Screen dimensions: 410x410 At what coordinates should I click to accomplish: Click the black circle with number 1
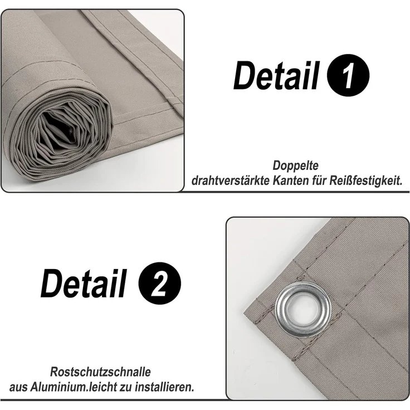click(348, 75)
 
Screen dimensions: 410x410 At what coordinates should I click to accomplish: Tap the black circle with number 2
click(159, 283)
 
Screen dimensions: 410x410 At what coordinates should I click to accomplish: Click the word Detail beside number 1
click(276, 75)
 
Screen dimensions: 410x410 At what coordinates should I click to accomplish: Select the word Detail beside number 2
click(84, 283)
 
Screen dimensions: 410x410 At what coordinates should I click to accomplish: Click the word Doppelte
click(295, 165)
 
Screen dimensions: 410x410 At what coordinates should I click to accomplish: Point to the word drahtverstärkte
click(231, 180)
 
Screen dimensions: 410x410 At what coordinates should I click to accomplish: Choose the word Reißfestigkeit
click(366, 180)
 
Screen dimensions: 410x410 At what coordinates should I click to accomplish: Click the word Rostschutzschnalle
click(100, 372)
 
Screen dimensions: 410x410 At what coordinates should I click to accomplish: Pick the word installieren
click(164, 387)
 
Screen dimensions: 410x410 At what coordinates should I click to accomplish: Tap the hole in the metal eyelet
click(303, 310)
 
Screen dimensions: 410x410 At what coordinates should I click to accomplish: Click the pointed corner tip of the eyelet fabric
click(244, 314)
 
